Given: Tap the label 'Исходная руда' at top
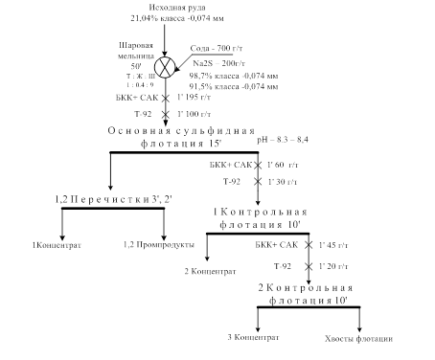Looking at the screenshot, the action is [x=177, y=8].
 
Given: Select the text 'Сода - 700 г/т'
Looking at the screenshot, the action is [x=217, y=49].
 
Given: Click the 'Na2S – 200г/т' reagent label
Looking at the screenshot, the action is [x=218, y=63].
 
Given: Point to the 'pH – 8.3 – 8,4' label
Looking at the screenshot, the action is [x=283, y=140].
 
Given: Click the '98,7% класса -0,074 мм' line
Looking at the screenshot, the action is [x=234, y=76].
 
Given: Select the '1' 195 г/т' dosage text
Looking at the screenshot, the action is [x=194, y=97].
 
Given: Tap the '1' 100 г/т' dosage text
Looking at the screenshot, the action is [x=194, y=114].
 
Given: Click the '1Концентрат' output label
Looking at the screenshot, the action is [x=57, y=245].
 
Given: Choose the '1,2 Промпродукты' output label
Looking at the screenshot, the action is [x=159, y=245].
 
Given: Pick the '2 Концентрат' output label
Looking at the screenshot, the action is [x=210, y=271].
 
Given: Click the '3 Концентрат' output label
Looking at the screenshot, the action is [x=253, y=337].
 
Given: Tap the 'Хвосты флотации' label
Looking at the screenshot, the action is [x=358, y=339].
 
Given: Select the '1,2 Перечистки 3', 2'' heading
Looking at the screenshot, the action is [x=113, y=199].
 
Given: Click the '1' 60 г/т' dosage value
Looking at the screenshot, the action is [x=283, y=165].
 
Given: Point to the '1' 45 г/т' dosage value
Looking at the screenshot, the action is [x=333, y=245].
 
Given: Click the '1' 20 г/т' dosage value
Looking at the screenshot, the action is [x=333, y=266].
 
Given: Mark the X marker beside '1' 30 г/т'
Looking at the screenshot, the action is [x=258, y=182].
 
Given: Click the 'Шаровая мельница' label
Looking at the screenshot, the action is [x=136, y=51].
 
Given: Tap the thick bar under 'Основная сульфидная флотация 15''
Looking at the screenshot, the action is [x=184, y=152].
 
